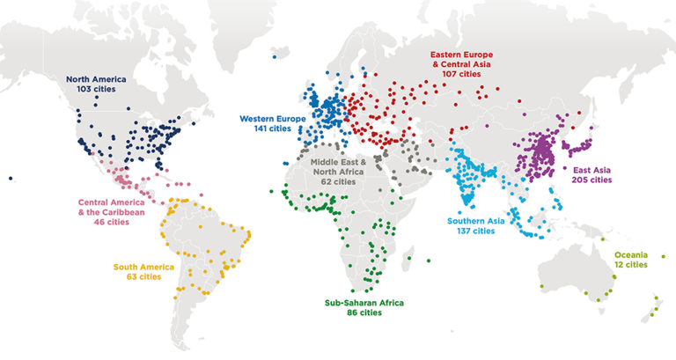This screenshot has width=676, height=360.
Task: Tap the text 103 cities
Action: coord(102,90)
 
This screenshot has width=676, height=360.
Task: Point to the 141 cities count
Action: coord(275,128)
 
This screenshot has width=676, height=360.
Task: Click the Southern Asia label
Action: coord(476,221)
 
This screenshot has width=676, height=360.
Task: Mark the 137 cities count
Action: coord(476,231)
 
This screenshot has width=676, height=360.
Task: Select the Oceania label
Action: coord(630,253)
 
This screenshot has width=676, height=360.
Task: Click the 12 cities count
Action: coord(630,264)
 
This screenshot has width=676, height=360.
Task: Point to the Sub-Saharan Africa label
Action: coord(364,303)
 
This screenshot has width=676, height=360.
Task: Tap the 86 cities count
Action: coord(364,313)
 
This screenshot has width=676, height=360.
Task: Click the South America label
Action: coord(143,266)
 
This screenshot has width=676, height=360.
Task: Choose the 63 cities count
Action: coord(143,276)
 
